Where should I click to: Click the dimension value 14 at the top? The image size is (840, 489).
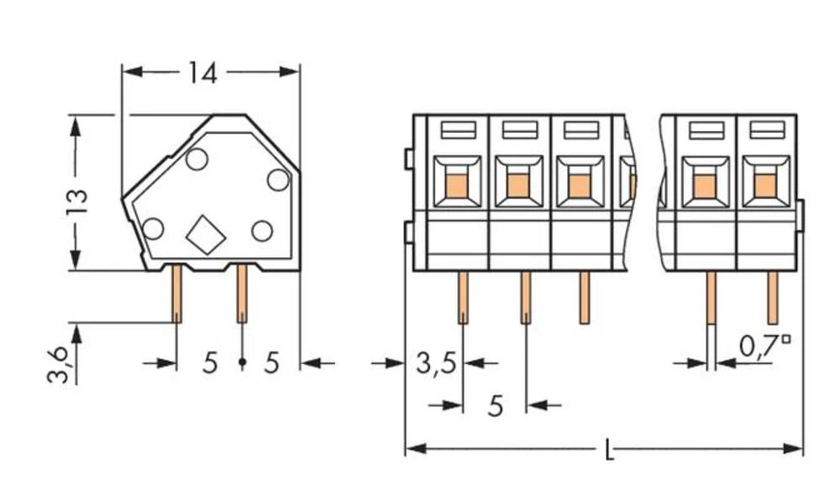[x=202, y=73]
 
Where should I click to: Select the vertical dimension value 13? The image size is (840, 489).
[x=76, y=202]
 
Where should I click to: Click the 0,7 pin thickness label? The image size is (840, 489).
[x=764, y=345]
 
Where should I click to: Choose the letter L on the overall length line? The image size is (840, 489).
[x=610, y=451]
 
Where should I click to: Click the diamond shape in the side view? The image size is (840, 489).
[x=206, y=234]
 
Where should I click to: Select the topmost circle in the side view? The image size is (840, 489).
[x=197, y=159]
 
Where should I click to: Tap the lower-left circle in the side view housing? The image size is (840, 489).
[x=153, y=228]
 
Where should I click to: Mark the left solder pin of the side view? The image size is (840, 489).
[x=177, y=294]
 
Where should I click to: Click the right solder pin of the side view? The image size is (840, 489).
[x=242, y=294]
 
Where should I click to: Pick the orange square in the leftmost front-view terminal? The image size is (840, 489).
[x=457, y=181]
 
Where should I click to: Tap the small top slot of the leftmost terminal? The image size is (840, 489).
[x=458, y=129]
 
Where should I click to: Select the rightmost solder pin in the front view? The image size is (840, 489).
[x=772, y=297]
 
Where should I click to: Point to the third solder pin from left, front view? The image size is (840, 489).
[x=584, y=297]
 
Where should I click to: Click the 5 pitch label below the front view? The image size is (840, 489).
[x=496, y=407]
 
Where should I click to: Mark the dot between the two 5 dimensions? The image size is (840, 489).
[x=242, y=363]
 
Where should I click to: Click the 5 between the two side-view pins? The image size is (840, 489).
[x=210, y=363]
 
